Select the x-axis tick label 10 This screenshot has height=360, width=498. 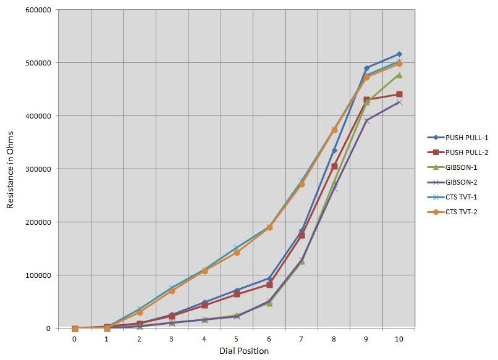[399, 339]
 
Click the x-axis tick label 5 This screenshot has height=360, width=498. [237, 339]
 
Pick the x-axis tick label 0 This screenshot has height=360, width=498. [75, 339]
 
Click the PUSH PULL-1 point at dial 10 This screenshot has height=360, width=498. [399, 54]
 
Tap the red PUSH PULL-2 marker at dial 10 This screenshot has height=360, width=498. [399, 94]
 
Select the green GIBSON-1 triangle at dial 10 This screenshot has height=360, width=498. [399, 75]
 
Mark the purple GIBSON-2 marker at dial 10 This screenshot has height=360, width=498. [399, 102]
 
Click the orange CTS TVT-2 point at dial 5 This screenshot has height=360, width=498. [237, 253]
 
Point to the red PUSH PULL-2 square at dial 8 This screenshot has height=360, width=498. [334, 166]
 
